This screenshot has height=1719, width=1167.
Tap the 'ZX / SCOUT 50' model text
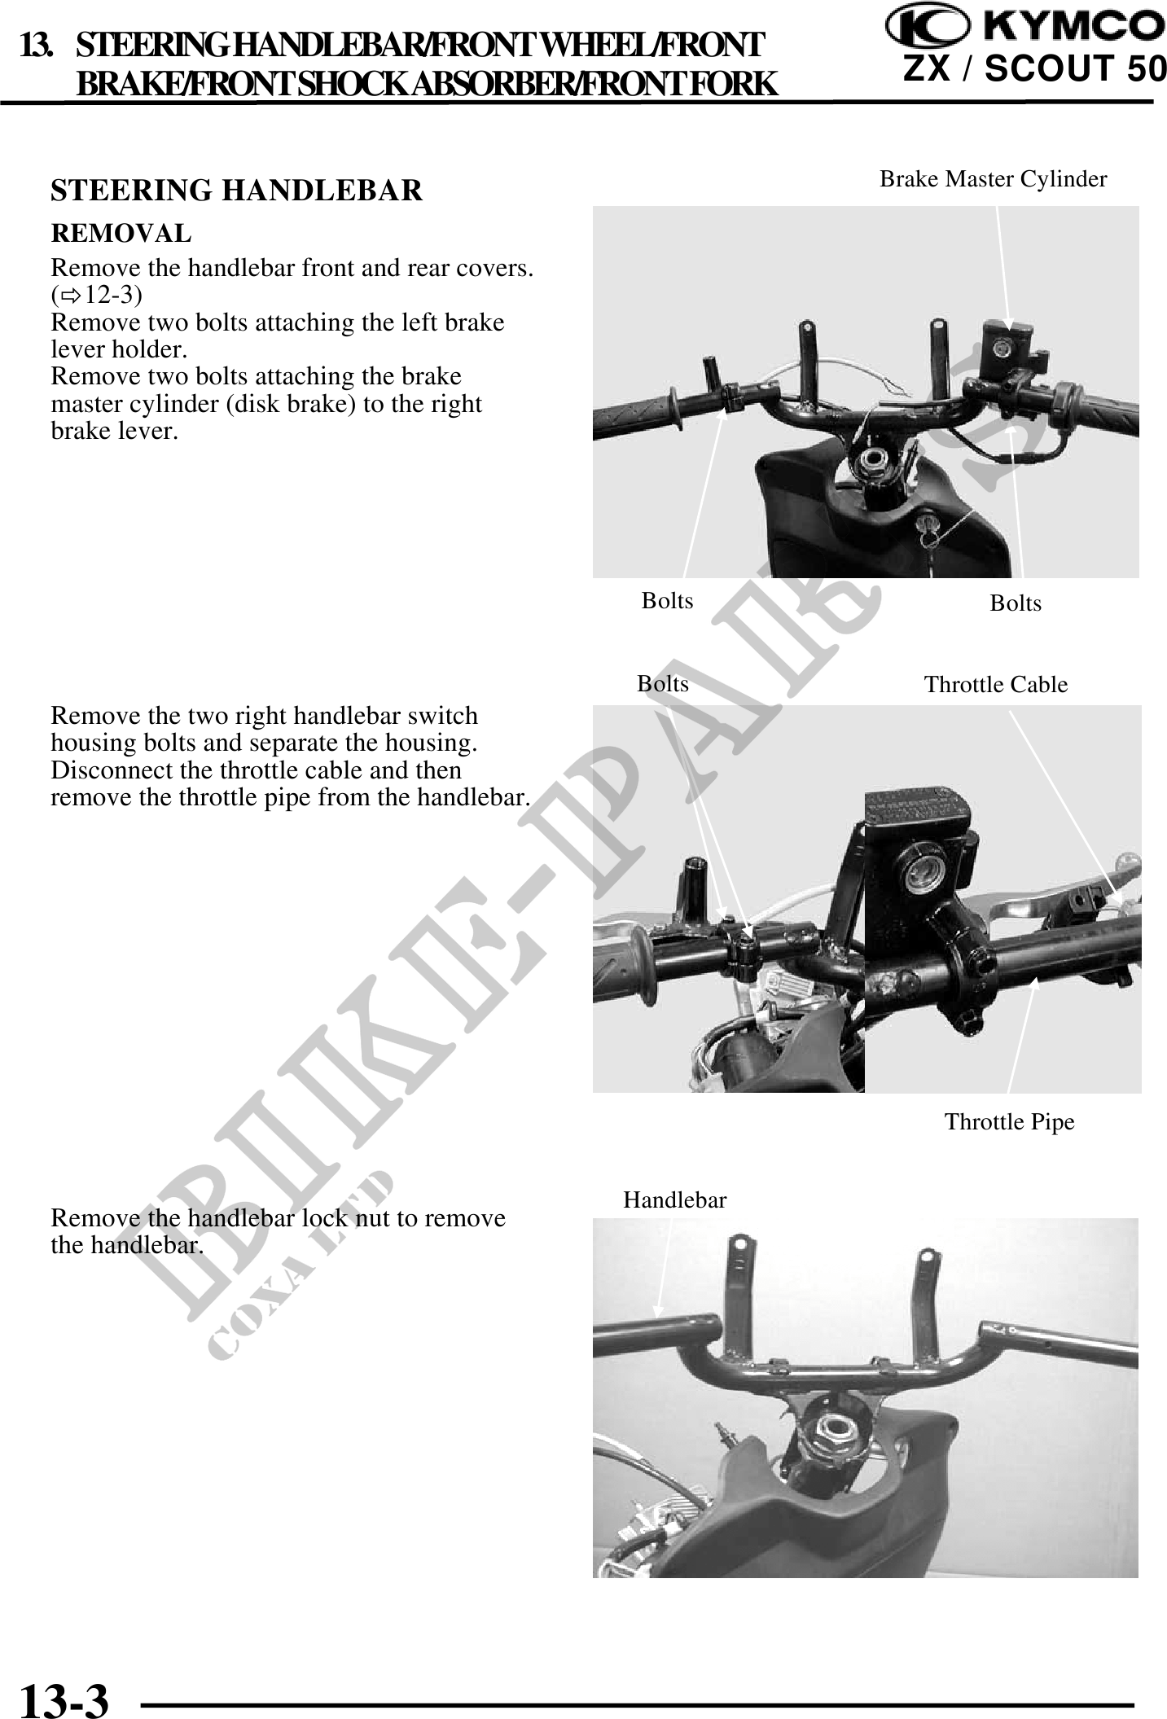1034,70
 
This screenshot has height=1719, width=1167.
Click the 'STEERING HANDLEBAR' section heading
237,191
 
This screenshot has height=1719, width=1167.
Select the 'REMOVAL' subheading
121,234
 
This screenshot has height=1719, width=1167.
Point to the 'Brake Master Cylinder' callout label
994,179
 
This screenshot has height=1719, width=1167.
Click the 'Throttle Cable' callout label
996,685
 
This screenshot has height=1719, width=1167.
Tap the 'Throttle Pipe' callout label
1010,1122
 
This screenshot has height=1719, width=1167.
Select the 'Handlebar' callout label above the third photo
675,1199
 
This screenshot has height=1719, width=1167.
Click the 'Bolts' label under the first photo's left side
668,601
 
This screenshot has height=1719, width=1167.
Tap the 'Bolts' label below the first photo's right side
1016,603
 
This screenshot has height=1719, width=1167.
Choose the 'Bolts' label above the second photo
663,684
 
